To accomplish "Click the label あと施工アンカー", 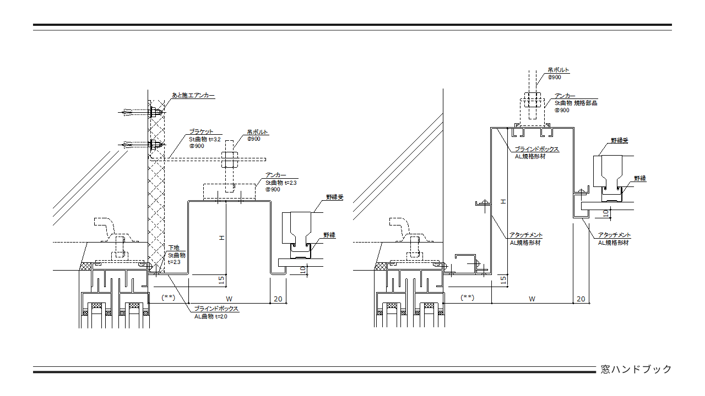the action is (193, 95).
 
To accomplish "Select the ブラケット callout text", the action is (201, 131).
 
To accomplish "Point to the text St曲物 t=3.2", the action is (205, 139).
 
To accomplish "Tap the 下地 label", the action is (173, 248).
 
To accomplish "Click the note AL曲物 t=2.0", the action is (210, 316).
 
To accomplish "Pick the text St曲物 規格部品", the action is (576, 103).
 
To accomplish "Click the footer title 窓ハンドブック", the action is (636, 369).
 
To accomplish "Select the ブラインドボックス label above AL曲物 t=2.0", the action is (216, 309).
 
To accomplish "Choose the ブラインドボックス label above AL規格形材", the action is (536, 149).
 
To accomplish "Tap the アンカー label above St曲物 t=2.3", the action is (276, 175).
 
